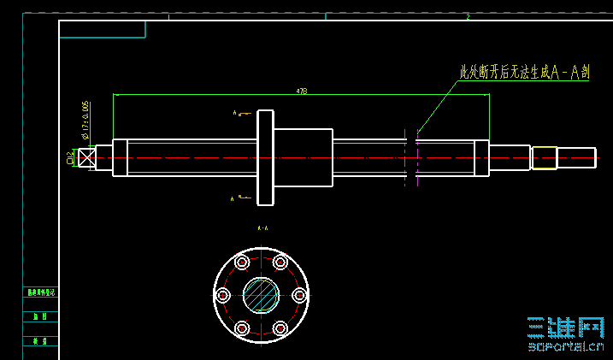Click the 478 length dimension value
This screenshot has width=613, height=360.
point(301,90)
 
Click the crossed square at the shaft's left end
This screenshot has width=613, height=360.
point(85,158)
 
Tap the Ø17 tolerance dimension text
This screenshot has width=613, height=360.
point(85,119)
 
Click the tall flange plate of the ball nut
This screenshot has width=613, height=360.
point(265,157)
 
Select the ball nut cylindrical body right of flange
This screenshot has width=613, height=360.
point(303,157)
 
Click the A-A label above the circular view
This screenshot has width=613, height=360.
point(262,229)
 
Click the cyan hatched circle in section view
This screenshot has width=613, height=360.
point(261,295)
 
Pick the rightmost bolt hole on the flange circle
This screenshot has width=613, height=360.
point(298,295)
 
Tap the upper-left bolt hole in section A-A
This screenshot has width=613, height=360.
point(242,262)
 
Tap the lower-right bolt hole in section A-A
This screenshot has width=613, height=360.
point(280,328)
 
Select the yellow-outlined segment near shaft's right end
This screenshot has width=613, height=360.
point(545,158)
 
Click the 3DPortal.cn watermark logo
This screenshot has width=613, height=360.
point(566,333)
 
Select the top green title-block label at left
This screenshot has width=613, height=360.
point(40,292)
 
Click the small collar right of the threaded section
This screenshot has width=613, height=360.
point(481,158)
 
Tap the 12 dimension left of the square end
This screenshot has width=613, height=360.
point(69,157)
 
